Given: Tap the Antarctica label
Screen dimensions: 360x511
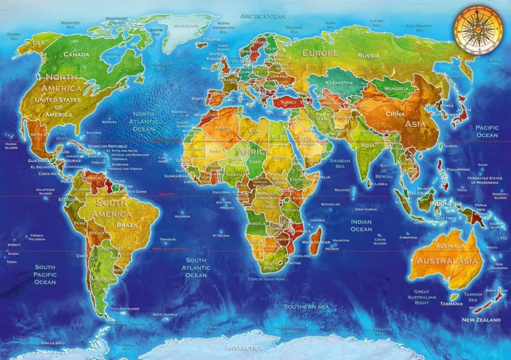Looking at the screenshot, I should (x=243, y=348).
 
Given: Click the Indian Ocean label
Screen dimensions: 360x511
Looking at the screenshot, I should (x=361, y=225).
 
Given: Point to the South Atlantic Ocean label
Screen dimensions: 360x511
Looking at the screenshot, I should (x=196, y=267).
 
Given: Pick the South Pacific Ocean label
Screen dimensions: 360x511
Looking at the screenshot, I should (x=45, y=274).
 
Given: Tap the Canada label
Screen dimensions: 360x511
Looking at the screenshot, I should (x=76, y=54).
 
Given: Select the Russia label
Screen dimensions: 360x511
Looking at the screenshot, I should (x=368, y=56).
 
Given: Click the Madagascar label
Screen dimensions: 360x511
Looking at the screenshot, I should (x=316, y=243).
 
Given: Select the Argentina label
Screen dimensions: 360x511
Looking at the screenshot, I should (x=103, y=279).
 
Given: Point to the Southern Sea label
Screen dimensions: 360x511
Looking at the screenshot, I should (x=309, y=306).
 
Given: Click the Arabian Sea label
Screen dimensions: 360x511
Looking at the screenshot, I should (x=340, y=164).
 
